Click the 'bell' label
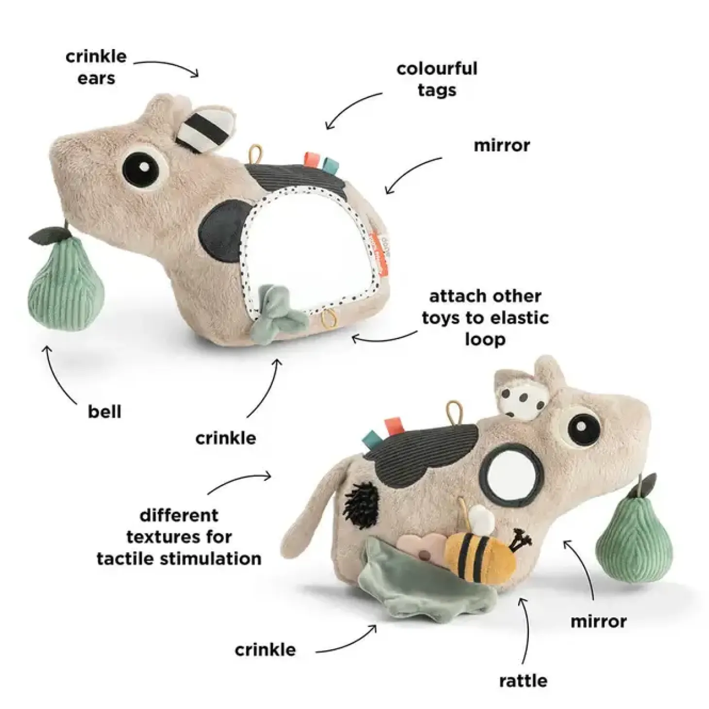pos(104,412)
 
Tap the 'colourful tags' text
pos(437,80)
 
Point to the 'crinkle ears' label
pos(96,68)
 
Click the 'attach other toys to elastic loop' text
pos(485,318)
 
